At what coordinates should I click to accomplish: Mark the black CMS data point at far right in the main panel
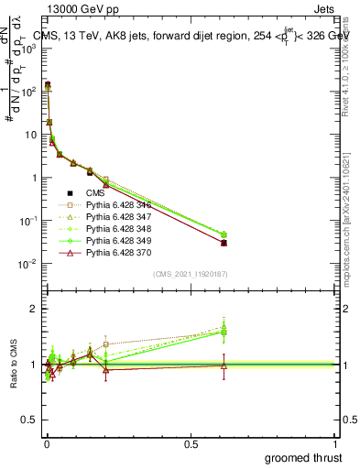pos(224,243)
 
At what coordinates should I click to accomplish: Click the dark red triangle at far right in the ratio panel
pos(224,365)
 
